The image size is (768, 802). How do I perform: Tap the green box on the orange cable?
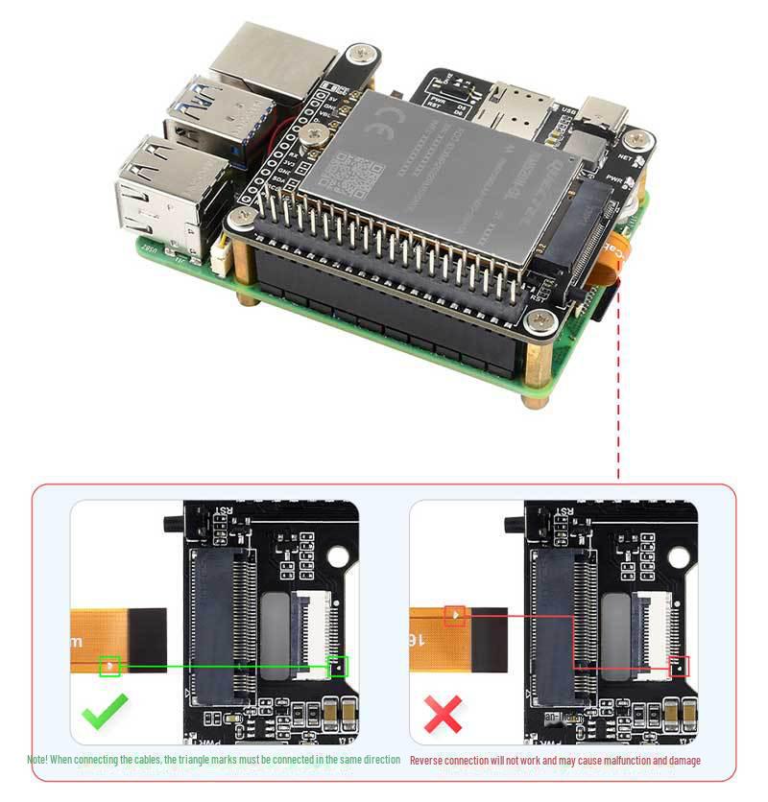(110, 666)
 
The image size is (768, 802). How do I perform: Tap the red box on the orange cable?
(455, 617)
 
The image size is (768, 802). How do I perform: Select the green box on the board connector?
(337, 667)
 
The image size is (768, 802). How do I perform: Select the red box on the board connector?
(679, 666)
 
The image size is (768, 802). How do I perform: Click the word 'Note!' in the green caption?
(38, 760)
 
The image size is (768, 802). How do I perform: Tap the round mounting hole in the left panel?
(339, 557)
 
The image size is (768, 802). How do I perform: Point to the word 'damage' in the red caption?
(683, 761)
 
